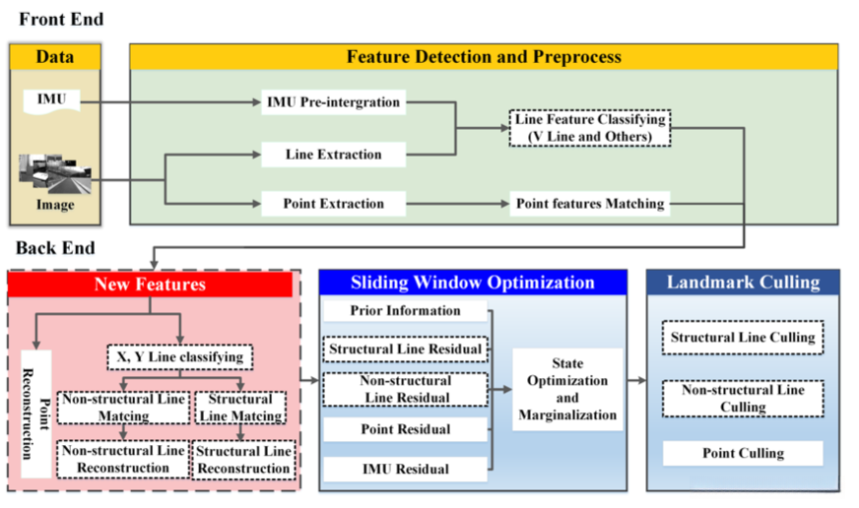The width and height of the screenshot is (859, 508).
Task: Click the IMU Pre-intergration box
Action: coord(333,102)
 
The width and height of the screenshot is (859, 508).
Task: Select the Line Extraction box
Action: coord(333,155)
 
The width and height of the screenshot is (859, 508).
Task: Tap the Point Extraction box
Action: coord(333,204)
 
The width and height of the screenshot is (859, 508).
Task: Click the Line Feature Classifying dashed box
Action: coord(590,128)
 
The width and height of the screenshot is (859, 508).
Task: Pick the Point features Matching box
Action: coord(590,204)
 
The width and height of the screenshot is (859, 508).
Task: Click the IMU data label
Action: coord(51,101)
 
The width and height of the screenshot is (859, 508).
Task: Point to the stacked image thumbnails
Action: coord(55,174)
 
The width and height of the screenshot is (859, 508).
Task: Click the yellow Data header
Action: coord(55,57)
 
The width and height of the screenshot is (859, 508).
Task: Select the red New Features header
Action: coord(150,285)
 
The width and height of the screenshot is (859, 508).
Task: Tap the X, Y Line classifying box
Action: coord(179,357)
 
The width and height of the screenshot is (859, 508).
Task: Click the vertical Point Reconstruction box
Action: coord(36,413)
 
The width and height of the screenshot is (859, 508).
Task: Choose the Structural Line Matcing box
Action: coord(240,408)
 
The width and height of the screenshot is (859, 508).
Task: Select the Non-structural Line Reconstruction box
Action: coord(123,460)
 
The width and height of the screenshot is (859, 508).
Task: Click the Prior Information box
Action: coord(406,311)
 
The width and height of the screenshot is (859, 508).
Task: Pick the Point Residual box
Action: coord(406,429)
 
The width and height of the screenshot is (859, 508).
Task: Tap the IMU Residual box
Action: coord(406,470)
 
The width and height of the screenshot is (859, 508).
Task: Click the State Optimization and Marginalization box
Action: coord(567,389)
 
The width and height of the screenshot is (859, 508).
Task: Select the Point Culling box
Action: coord(743,453)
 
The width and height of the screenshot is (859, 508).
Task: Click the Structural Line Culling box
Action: coord(743,338)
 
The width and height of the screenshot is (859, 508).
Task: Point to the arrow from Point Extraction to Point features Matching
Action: coord(458,204)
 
